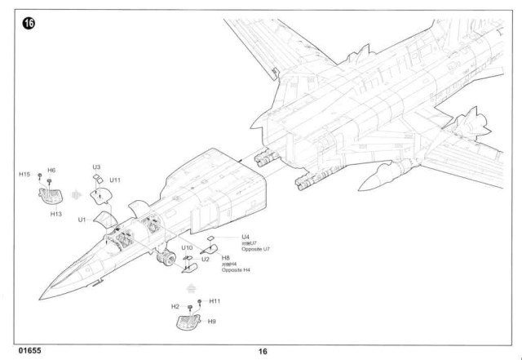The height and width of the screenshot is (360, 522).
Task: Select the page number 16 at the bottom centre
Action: (x=262, y=352)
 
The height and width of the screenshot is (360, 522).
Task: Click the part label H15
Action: (x=24, y=175)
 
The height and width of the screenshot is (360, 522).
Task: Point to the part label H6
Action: (x=51, y=170)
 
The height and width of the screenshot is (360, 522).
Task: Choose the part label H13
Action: (x=56, y=214)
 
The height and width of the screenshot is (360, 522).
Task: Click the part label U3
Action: (x=96, y=167)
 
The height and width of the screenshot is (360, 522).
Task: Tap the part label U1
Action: (x=82, y=220)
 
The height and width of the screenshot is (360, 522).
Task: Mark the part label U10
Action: (x=187, y=247)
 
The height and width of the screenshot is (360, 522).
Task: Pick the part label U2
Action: (x=206, y=260)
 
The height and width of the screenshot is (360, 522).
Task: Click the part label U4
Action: (x=246, y=237)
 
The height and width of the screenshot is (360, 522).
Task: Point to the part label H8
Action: (x=226, y=258)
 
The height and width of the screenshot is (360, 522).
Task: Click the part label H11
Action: (x=215, y=301)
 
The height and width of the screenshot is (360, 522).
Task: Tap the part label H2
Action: (x=175, y=306)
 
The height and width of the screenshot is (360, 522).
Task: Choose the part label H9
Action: (x=212, y=322)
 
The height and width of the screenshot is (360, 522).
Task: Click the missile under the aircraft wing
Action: (x=379, y=175)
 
